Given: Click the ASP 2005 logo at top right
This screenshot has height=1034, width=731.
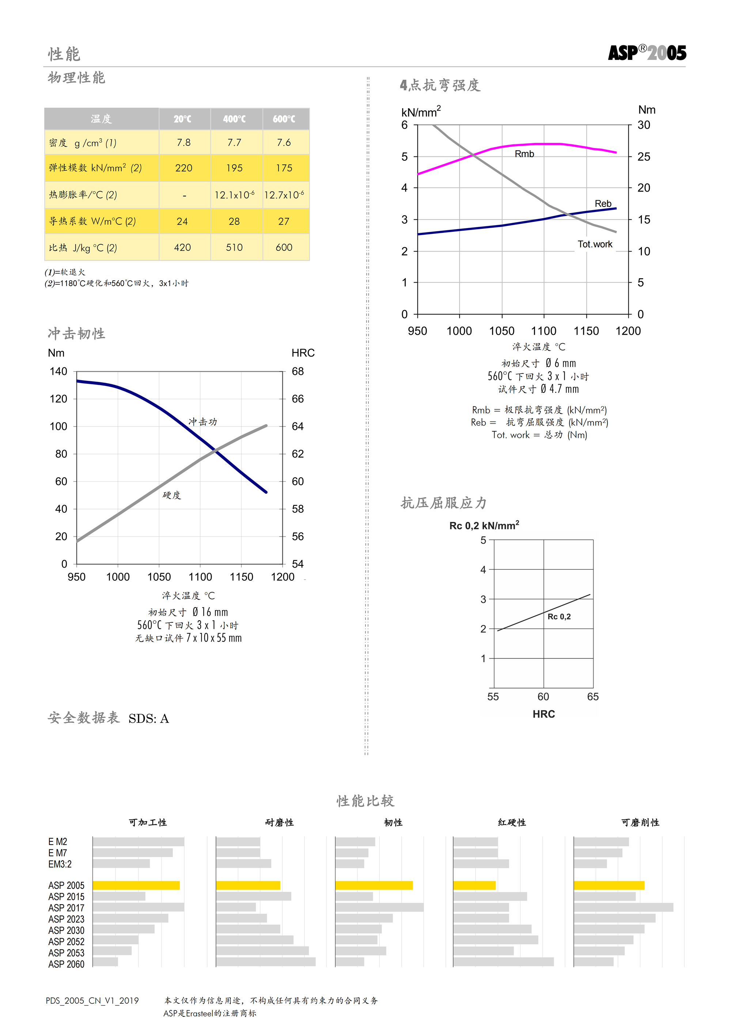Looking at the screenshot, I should tap(647, 53).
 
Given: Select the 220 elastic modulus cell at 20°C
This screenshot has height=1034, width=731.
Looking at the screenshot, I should tap(184, 168).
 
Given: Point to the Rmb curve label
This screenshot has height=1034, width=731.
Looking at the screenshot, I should tap(524, 154).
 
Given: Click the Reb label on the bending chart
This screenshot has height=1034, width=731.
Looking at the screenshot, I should tap(603, 204).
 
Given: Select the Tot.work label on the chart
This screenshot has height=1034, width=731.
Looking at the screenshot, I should tap(595, 244).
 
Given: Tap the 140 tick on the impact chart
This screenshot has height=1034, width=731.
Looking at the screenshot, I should tap(58, 372).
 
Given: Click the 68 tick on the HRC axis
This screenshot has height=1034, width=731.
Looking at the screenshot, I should tap(298, 372).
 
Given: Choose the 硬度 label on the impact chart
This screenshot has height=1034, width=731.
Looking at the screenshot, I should tap(172, 495).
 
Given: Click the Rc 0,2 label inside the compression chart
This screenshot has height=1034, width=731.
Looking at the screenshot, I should tap(559, 617).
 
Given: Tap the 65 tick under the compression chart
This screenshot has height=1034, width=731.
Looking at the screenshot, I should tap(593, 697).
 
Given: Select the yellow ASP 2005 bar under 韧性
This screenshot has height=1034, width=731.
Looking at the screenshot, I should tap(374, 885).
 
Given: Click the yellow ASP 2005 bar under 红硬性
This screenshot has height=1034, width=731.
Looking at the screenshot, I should tap(474, 885).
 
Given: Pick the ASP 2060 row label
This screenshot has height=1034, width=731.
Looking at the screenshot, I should tap(66, 964).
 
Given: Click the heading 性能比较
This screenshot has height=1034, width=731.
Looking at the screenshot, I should tap(365, 801).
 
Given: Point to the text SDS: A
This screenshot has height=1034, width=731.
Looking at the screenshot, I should tap(149, 719).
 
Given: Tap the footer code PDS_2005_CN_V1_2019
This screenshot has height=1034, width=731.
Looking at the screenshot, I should tap(92, 1001).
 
